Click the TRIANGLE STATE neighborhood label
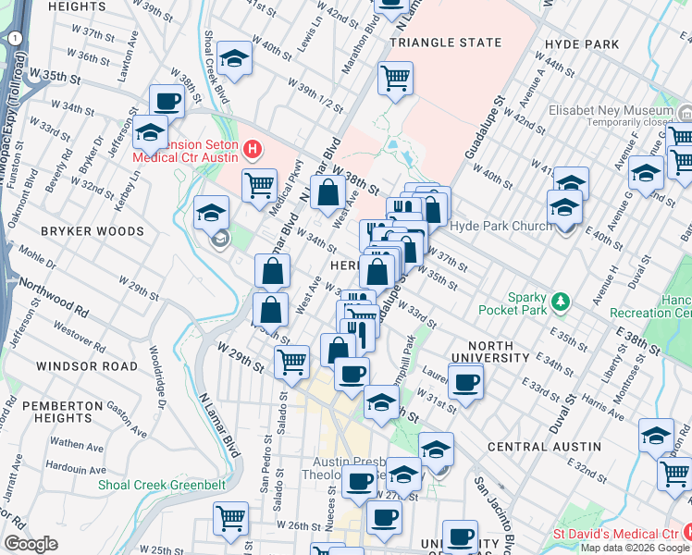coord(446,43)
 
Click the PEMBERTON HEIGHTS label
coord(62,413)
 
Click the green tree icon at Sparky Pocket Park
coord(559,302)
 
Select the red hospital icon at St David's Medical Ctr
coord(686,533)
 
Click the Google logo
coord(31,544)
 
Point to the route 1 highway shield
coord(16,39)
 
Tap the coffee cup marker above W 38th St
coord(167,100)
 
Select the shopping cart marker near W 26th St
coord(231,517)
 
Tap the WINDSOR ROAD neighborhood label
coord(74,366)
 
